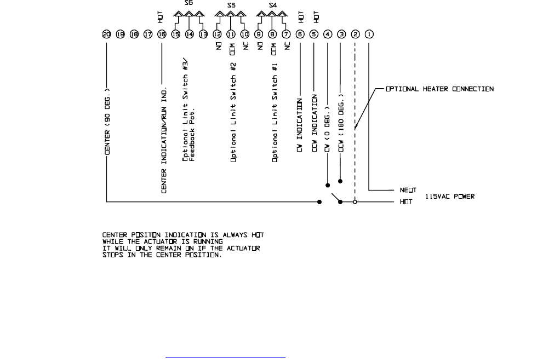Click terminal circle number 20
(x=106, y=34)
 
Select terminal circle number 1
(x=369, y=34)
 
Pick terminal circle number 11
(x=231, y=34)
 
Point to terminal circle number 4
(x=328, y=34)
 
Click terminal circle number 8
(x=272, y=34)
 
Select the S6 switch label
(x=189, y=3)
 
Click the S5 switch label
(x=231, y=5)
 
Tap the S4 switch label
(x=272, y=5)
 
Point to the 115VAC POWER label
(x=450, y=196)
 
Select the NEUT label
(x=408, y=191)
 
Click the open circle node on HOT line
(x=355, y=202)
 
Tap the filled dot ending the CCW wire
(x=341, y=181)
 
